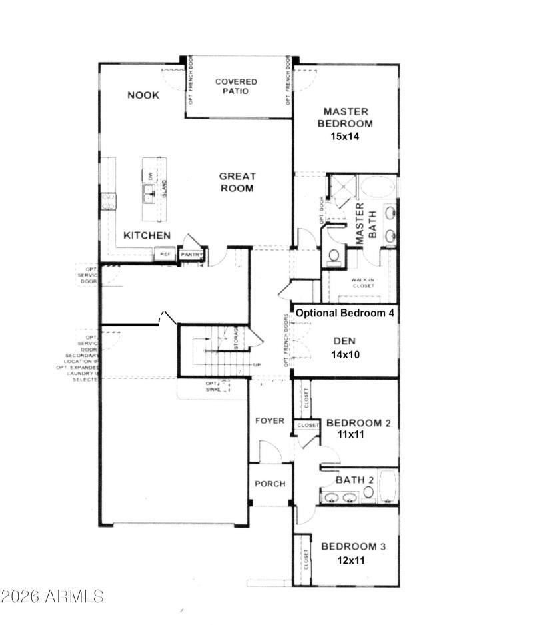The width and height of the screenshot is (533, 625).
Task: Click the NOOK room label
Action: [143, 95]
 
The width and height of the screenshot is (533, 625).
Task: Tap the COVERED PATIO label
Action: [236, 86]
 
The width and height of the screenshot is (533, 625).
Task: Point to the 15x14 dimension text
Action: [344, 135]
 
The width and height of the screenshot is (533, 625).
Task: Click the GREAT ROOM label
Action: [237, 182]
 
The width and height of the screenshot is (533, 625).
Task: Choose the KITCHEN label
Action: [147, 235]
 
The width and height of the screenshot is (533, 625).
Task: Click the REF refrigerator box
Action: [164, 255]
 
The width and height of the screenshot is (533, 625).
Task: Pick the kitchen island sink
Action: [149, 193]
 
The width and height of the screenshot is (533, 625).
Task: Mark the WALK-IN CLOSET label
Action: [363, 282]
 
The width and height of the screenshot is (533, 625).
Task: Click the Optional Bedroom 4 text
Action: [345, 313]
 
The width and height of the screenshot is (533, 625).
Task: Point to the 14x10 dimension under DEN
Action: [345, 354]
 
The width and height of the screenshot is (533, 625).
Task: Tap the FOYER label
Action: [270, 421]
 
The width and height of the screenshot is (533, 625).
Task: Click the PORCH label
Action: [270, 484]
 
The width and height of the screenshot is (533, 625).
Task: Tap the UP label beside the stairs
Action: [257, 366]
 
